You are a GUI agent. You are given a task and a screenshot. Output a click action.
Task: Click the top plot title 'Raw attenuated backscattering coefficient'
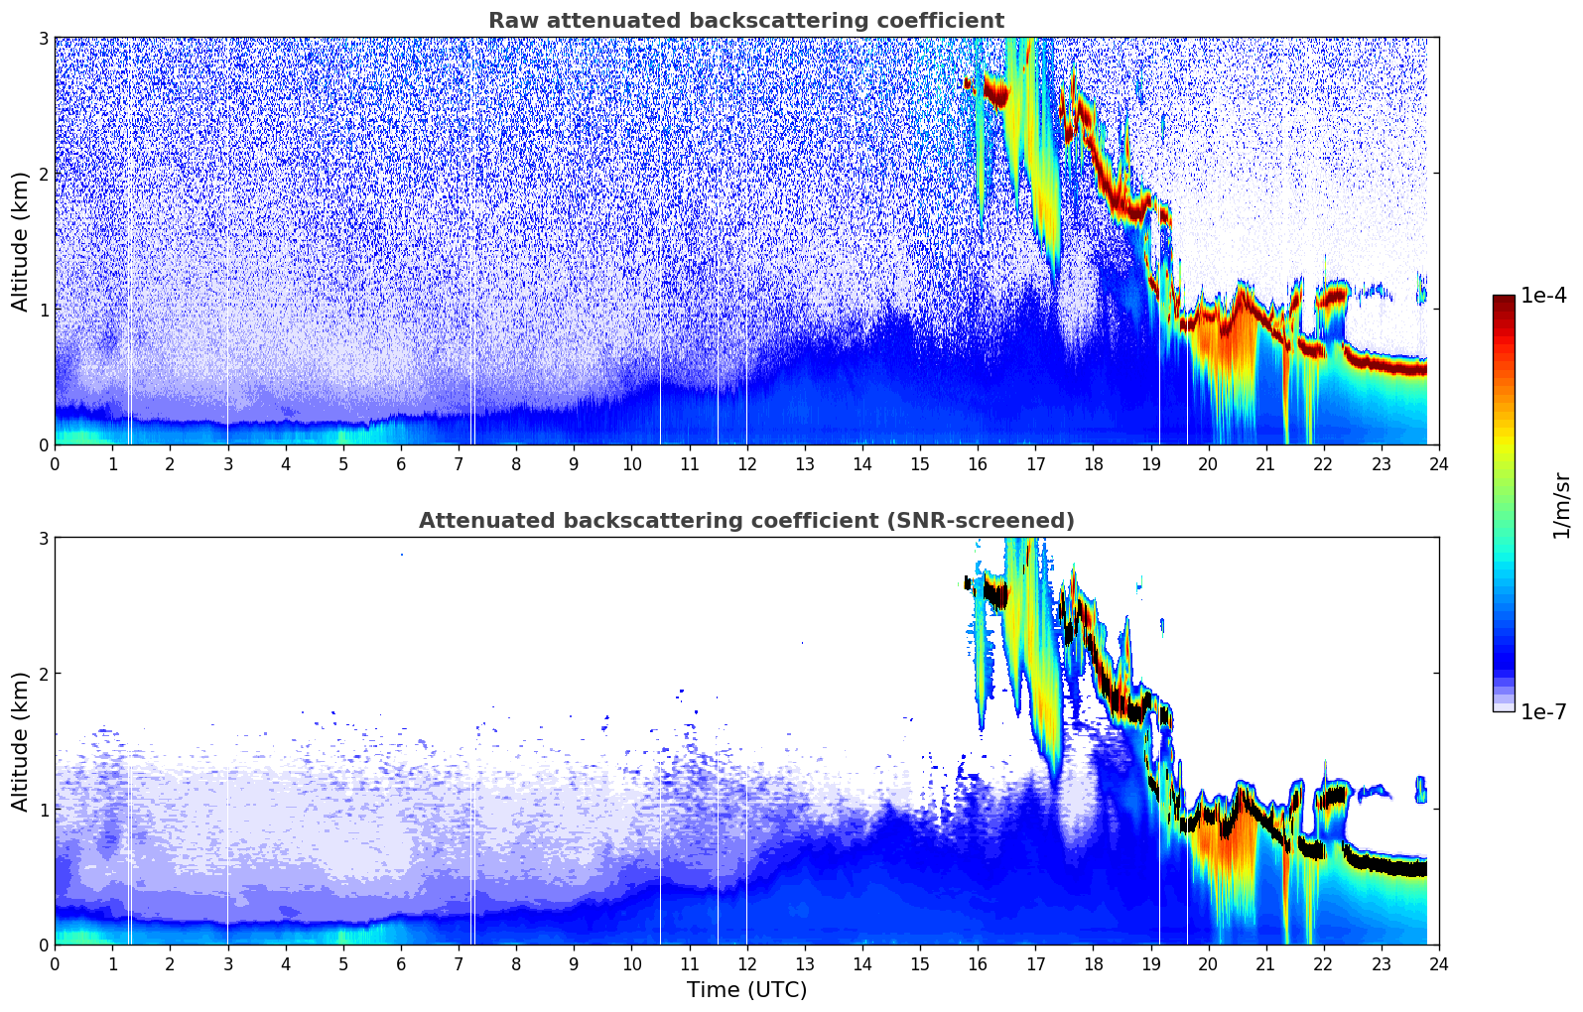745,21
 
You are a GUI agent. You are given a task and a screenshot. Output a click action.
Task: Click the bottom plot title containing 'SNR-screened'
745,521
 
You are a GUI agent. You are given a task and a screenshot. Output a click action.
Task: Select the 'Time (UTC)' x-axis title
746,989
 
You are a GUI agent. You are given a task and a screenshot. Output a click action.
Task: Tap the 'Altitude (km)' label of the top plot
20,241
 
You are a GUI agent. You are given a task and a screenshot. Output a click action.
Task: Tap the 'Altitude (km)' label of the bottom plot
20,741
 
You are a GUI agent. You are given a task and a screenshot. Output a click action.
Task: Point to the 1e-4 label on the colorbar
1543,296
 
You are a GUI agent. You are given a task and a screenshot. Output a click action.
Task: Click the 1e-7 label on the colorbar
1543,711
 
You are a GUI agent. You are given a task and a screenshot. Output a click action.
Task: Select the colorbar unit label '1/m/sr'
1562,505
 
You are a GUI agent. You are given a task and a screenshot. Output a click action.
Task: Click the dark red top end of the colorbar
1504,300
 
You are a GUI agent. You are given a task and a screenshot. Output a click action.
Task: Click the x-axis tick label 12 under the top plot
746,463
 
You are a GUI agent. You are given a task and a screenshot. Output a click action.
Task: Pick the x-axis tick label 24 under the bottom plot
1438,963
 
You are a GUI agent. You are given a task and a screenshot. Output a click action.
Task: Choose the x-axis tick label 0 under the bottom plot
55,963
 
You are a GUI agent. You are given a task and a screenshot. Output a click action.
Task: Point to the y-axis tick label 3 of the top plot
43,38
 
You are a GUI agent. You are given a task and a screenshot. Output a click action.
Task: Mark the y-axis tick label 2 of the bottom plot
43,674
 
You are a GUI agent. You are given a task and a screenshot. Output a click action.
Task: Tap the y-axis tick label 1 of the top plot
43,310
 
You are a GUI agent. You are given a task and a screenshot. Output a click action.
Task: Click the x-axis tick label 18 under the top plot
1093,463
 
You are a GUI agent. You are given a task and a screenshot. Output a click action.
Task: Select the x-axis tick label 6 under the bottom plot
401,963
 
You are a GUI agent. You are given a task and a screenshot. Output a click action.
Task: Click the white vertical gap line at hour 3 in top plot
228,298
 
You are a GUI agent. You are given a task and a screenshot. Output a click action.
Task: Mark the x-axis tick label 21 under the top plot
1265,463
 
